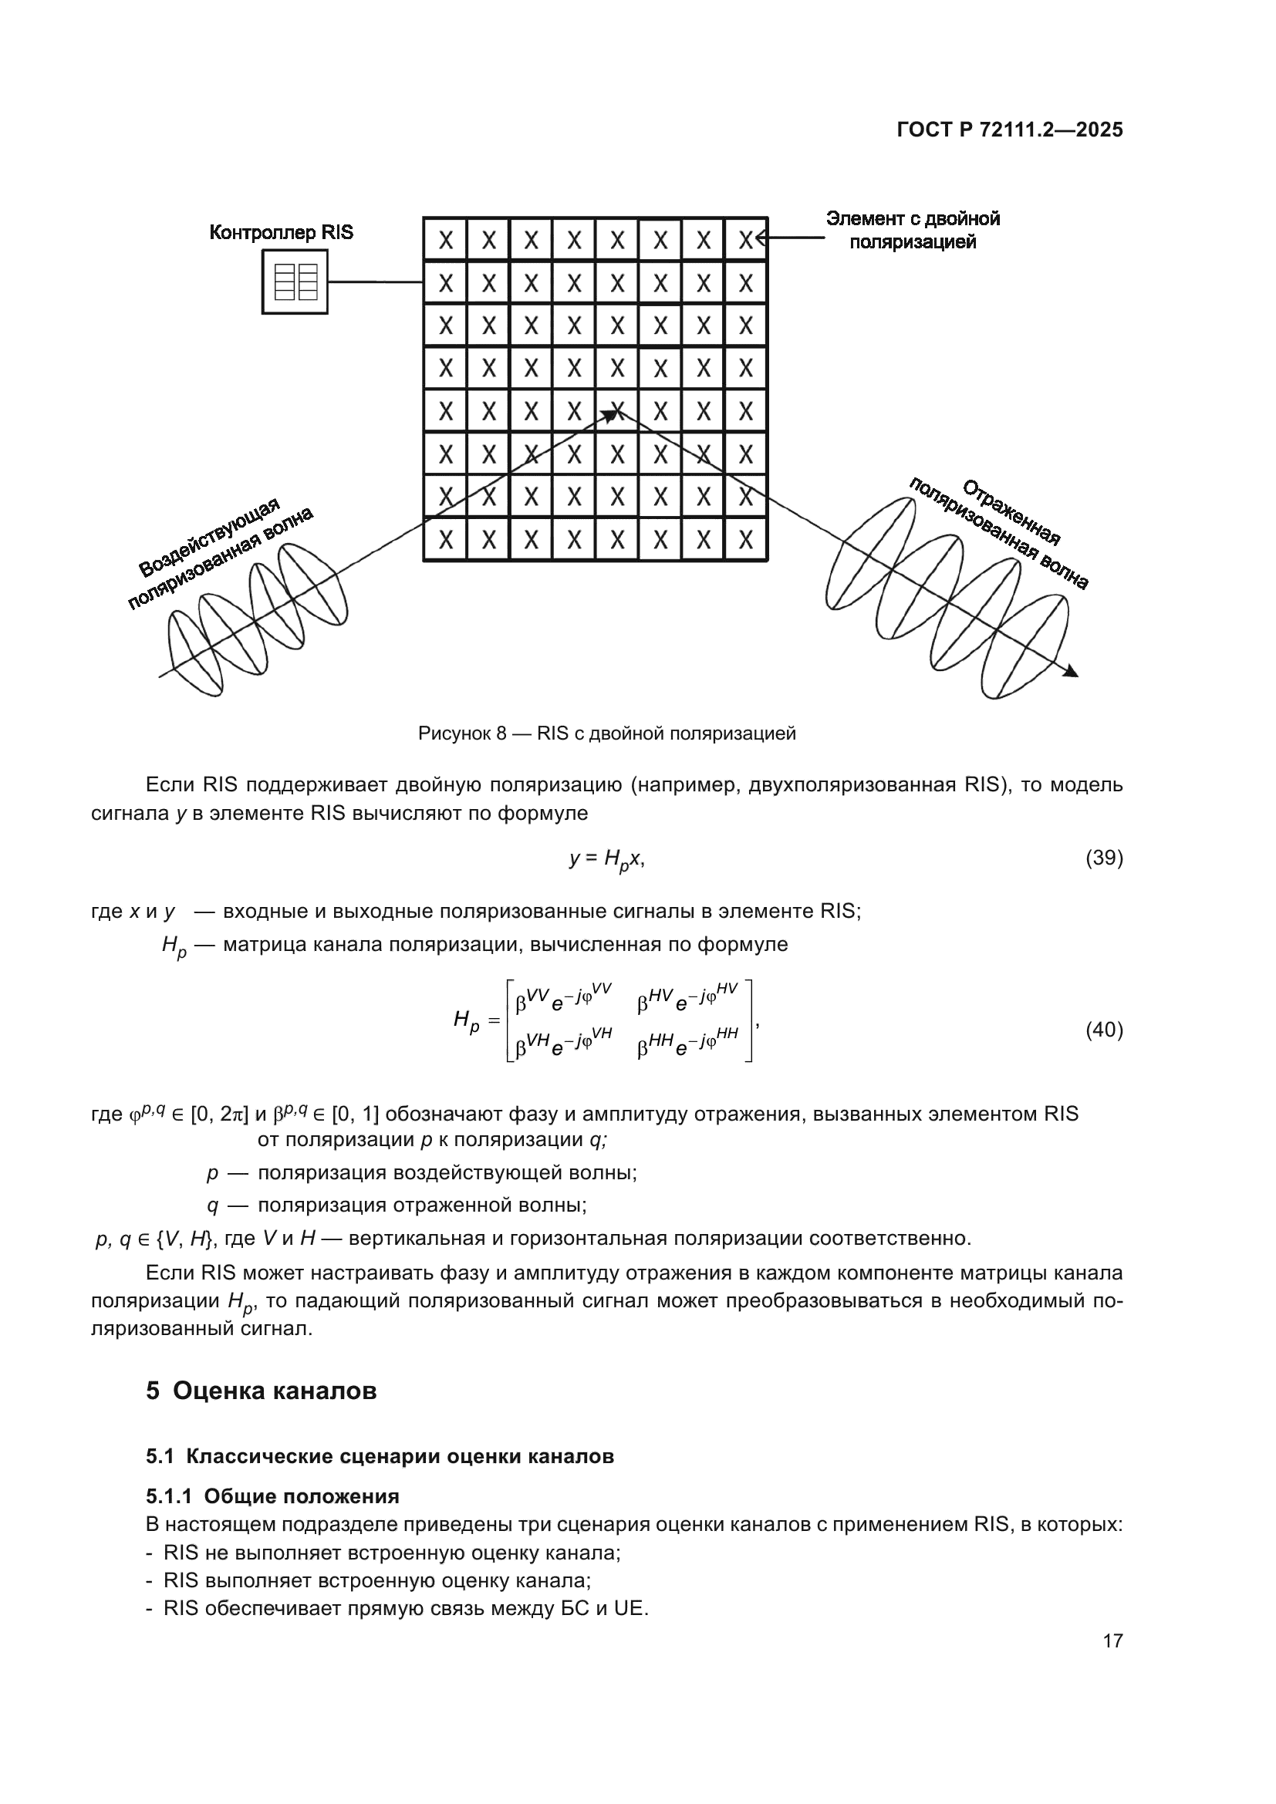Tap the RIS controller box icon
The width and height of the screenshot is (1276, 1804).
pos(295,282)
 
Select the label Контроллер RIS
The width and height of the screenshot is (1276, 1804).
pos(282,233)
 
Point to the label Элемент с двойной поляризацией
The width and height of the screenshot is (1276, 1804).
pos(912,230)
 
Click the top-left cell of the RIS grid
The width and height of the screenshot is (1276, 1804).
pos(445,240)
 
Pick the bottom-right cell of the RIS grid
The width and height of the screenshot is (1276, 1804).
pos(746,540)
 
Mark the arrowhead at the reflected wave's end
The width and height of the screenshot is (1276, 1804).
pos(1072,671)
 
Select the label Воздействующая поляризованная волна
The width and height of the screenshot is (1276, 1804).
pos(220,553)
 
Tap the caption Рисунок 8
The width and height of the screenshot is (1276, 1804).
pos(606,733)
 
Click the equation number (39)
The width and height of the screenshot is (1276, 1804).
pos(1104,858)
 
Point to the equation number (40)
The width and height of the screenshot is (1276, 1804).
pos(1104,1030)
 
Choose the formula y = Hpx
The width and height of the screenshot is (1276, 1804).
pos(606,859)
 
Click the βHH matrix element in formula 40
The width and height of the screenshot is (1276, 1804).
pos(687,1044)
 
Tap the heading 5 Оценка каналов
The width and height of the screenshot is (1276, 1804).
pos(261,1391)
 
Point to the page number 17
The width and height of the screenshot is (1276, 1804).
pos(1112,1640)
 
